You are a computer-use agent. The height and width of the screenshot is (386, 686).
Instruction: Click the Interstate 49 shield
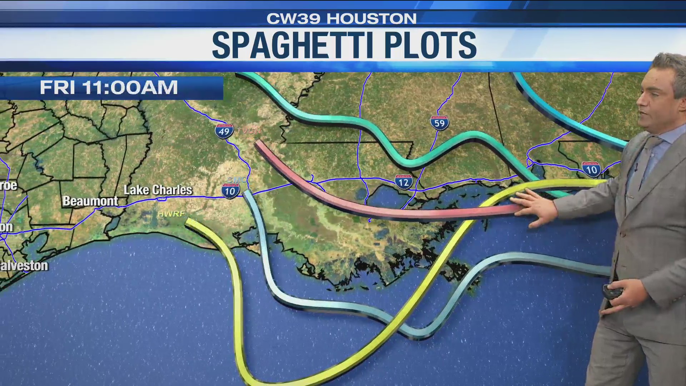click(224, 131)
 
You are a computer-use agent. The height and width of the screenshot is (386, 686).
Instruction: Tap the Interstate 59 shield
click(439, 123)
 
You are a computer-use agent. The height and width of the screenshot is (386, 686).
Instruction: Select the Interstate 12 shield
click(404, 182)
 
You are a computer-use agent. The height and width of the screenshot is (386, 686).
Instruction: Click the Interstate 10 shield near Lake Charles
click(230, 190)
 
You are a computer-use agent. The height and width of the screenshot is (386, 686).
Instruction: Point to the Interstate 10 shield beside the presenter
click(591, 169)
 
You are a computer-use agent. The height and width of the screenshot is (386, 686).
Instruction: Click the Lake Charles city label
click(158, 190)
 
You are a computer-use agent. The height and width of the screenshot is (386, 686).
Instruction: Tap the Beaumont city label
click(90, 201)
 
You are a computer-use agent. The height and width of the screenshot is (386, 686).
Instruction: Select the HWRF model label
click(171, 214)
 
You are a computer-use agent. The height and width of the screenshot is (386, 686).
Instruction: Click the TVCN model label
click(249, 131)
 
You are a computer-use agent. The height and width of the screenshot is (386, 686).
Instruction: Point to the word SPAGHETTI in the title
click(293, 45)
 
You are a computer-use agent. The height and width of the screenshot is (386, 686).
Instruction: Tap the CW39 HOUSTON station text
click(342, 19)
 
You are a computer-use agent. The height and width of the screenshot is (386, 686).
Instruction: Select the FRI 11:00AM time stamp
click(109, 88)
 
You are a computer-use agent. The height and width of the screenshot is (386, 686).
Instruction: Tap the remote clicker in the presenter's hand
click(612, 291)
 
